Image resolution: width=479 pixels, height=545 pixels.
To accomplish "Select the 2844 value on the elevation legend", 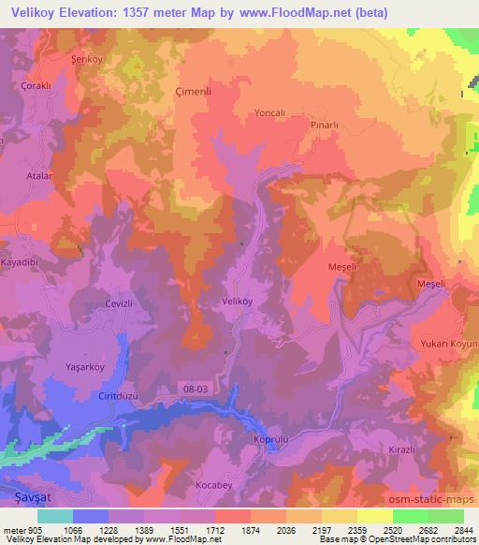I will tap(462, 529).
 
